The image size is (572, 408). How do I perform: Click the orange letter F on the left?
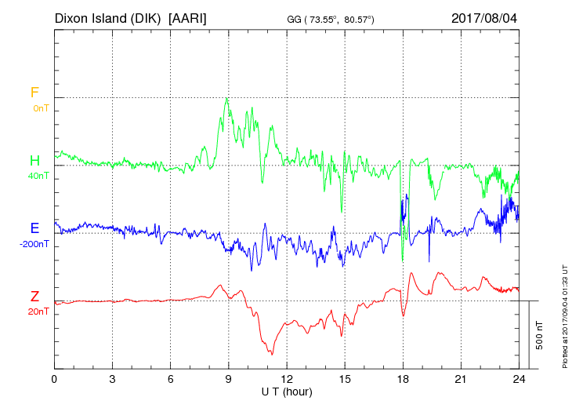click(34, 93)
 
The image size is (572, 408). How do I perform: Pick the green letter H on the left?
click(34, 161)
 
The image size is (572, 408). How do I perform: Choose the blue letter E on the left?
click(34, 228)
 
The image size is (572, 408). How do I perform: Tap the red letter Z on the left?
click(34, 297)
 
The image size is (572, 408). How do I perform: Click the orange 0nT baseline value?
click(40, 108)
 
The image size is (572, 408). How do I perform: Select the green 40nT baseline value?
click(38, 176)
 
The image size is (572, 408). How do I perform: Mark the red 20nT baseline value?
click(38, 311)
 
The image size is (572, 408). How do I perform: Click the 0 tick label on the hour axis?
click(54, 379)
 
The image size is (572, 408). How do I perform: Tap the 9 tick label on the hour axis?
click(229, 379)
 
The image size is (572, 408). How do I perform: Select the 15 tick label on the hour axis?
click(345, 379)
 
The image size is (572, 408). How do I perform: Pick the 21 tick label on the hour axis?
click(461, 379)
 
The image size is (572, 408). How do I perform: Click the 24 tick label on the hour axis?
click(519, 379)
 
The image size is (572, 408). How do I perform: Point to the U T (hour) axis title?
click(287, 391)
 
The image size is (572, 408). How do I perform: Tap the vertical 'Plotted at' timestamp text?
click(565, 314)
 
